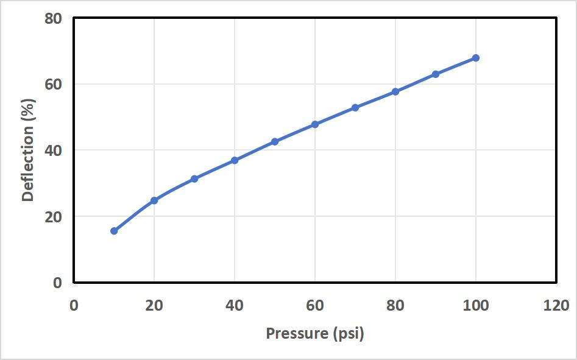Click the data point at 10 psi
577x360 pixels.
tap(114, 231)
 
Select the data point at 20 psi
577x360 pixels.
tap(154, 200)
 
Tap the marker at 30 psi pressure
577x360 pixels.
tap(194, 179)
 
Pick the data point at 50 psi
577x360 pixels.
tap(275, 141)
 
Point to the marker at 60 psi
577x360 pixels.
tap(315, 124)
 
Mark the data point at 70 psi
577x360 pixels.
tap(355, 108)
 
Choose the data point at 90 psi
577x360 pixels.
tap(436, 74)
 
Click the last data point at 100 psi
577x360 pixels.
tap(476, 58)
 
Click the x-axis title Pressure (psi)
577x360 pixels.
tap(315, 334)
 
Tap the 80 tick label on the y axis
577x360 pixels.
tap(54, 18)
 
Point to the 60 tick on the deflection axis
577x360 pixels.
tap(54, 84)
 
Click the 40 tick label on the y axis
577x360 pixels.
tap(54, 150)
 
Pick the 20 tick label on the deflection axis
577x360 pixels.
tap(54, 216)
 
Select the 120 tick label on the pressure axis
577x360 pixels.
tap(556, 305)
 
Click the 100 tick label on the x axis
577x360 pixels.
tap(476, 305)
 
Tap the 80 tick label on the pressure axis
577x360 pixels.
tap(395, 305)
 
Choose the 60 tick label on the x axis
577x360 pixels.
tap(315, 305)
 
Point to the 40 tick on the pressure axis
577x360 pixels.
tap(235, 305)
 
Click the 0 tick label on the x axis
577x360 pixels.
tap(74, 305)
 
